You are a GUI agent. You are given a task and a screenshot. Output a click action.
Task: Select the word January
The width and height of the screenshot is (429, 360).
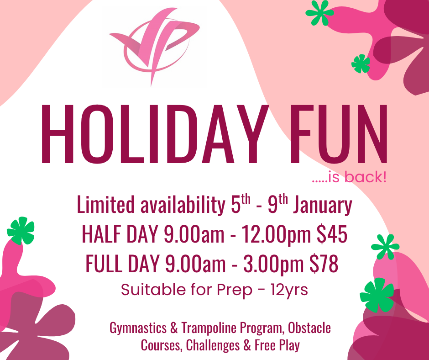(323, 205)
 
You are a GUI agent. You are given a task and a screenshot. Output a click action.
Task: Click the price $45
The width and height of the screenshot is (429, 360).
(332, 234)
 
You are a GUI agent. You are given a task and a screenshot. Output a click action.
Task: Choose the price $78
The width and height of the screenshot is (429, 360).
(324, 264)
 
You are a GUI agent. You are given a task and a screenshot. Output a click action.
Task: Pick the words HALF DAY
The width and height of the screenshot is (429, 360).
(120, 234)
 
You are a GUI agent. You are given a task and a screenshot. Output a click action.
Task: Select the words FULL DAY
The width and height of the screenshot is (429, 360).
(123, 264)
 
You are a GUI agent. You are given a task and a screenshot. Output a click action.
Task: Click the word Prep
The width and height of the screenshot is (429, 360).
(235, 290)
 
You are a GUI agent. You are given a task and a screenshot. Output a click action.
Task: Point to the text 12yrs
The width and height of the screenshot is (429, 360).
(289, 290)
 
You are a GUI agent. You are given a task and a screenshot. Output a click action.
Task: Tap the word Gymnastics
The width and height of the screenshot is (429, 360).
(138, 328)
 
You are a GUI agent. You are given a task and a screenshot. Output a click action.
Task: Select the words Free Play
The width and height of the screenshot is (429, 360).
(277, 345)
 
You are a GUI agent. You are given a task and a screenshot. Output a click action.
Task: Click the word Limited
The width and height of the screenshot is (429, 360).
(106, 205)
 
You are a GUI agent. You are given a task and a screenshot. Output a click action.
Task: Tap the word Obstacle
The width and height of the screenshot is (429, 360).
(309, 328)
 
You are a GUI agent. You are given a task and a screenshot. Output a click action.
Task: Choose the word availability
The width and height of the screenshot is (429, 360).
(183, 205)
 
